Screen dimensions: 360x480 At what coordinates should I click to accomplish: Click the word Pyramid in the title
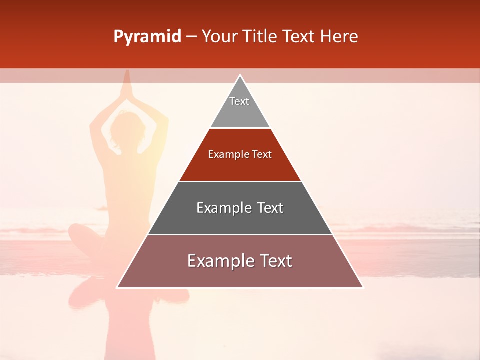pos(147,37)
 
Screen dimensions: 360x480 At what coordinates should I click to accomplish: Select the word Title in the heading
pos(262,37)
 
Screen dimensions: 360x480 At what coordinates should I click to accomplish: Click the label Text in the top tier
pos(239,101)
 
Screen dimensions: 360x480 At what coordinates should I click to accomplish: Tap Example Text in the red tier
pos(240,154)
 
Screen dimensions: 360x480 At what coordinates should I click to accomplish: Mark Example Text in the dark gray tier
pos(240,208)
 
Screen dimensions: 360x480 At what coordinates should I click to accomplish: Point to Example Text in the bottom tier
pos(240,261)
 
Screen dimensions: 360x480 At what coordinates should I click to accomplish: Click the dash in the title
pos(191,37)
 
